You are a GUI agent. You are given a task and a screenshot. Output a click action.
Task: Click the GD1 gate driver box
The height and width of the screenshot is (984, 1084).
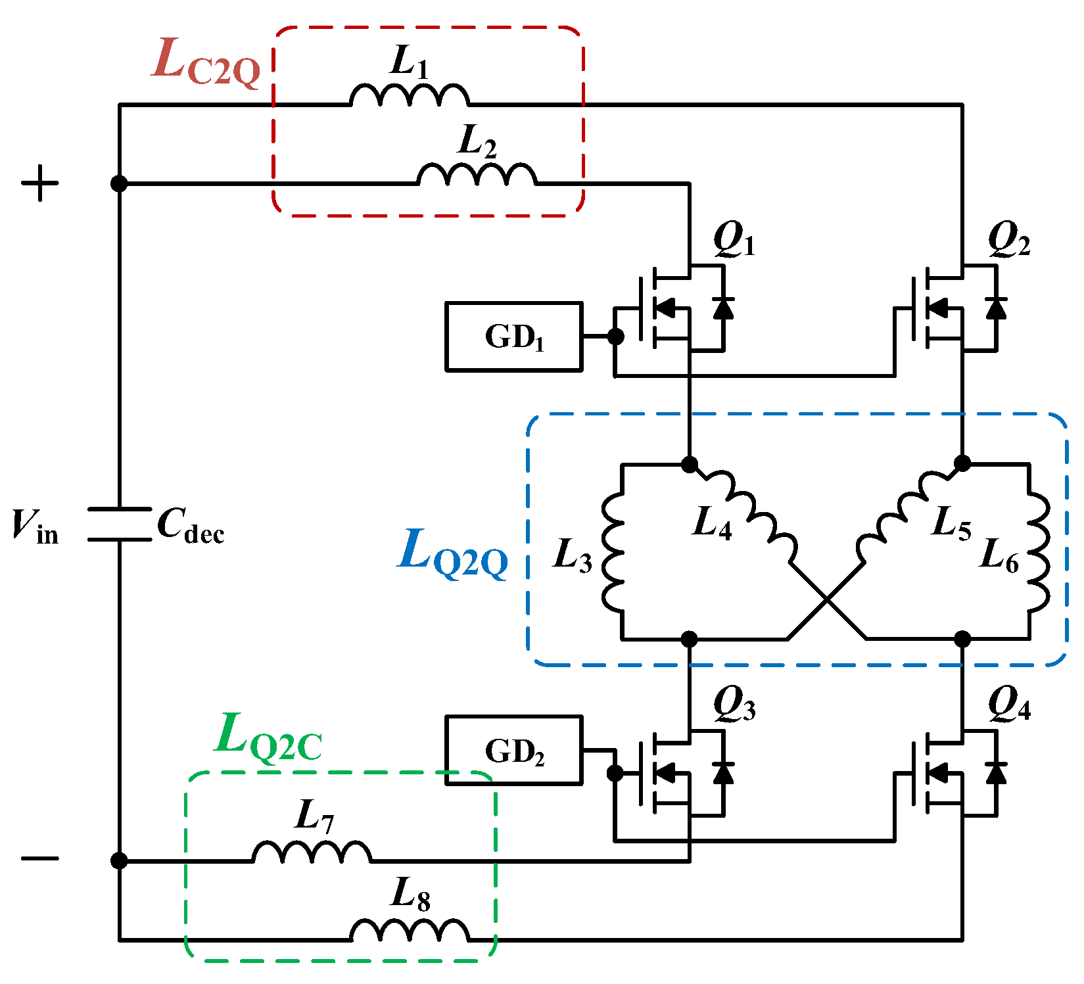[x=513, y=337]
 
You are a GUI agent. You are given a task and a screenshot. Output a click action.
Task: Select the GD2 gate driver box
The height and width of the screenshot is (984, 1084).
[x=513, y=751]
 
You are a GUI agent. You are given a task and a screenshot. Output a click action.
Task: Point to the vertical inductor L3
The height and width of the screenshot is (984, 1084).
[x=613, y=552]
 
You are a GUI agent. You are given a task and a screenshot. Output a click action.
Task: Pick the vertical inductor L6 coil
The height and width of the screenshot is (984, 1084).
[x=1039, y=552]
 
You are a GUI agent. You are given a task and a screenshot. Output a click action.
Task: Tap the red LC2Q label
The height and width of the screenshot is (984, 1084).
[x=206, y=62]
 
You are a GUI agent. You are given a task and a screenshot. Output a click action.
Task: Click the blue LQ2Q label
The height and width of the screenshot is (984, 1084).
[x=453, y=553]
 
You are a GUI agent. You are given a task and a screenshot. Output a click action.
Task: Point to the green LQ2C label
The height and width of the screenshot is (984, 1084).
[x=268, y=736]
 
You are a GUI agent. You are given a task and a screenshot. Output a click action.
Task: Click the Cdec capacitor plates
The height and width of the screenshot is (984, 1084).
[x=119, y=525]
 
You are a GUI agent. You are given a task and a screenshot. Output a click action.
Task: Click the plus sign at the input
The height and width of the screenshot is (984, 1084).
[x=40, y=183]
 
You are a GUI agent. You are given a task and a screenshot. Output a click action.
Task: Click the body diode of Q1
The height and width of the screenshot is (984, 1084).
[x=723, y=308]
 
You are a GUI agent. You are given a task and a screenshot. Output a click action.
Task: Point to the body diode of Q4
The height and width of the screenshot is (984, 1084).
[x=997, y=773]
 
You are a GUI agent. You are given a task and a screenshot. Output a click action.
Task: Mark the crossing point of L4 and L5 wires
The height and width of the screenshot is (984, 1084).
[x=827, y=599]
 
